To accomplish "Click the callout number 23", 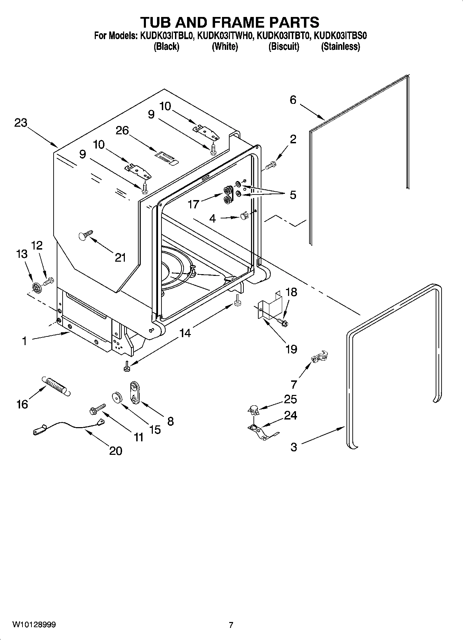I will point(21,123).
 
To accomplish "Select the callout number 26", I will point(122,131).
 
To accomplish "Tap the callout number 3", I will point(293,447).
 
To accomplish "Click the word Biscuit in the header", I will point(284,46).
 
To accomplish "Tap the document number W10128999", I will point(34,625).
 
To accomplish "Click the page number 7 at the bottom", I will point(231,625).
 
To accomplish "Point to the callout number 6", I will point(293,100).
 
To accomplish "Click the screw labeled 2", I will point(270,166).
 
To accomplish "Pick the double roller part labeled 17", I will point(228,195).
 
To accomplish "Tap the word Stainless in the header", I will point(341,46).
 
